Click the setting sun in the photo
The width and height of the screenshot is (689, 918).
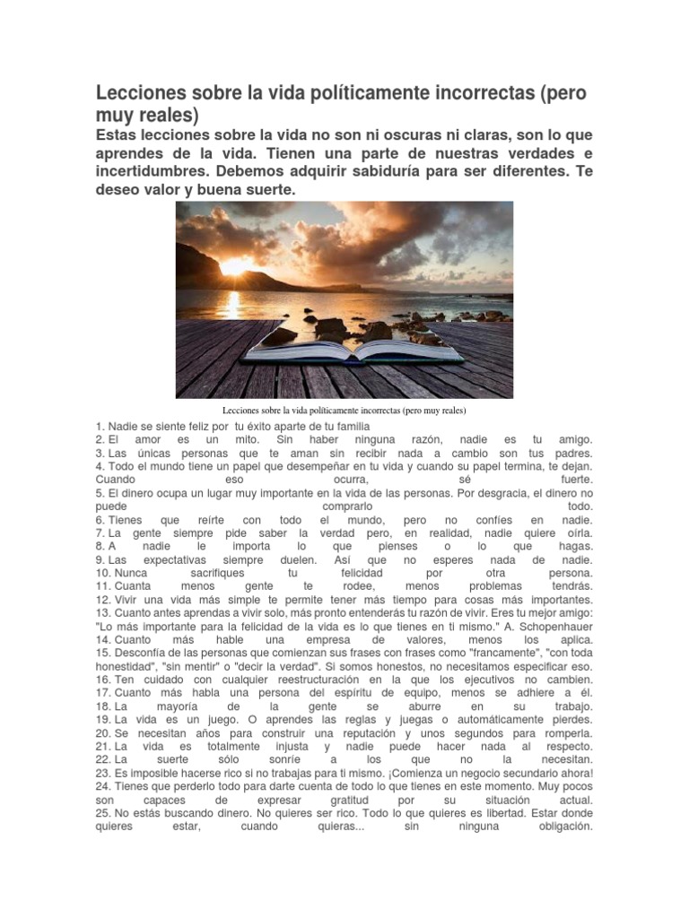(x=236, y=266)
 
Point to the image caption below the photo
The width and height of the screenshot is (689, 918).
(x=344, y=411)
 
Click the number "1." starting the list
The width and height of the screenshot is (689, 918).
(x=100, y=426)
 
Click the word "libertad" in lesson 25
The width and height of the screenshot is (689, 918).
(x=500, y=813)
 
